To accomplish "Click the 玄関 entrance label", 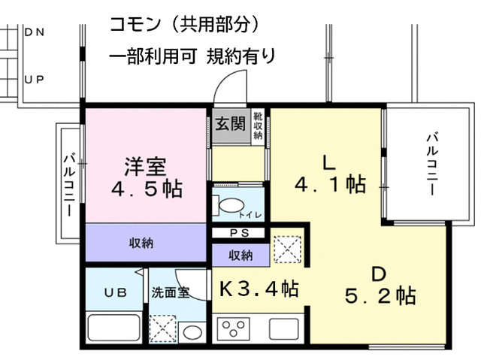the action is (230, 124).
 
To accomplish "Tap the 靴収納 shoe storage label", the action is (258, 125).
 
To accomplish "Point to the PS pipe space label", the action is (240, 233).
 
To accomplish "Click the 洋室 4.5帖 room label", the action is (147, 177).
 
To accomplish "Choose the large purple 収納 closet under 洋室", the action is (146, 242).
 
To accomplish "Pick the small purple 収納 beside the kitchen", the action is (240, 255).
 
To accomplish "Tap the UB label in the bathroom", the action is (115, 292).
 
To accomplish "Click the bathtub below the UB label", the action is (113, 328).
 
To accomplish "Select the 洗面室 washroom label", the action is (171, 292).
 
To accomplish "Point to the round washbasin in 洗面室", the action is (192, 332).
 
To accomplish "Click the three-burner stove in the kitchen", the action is (234, 328).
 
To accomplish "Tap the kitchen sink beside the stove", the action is (284, 328).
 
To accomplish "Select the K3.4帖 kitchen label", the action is (259, 289).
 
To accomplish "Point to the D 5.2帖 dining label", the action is (380, 285).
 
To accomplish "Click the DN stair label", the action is (35, 32).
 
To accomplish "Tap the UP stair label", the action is (35, 80).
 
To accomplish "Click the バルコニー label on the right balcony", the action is (432, 163).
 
